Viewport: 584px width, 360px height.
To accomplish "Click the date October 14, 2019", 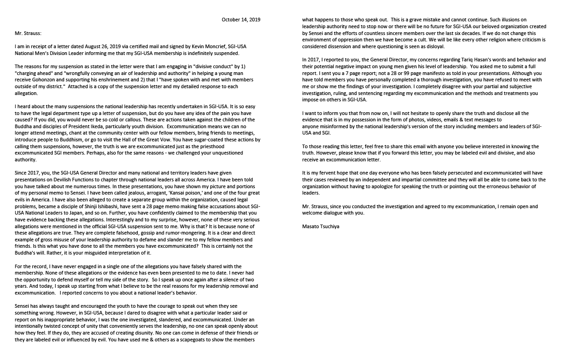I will coord(241,20).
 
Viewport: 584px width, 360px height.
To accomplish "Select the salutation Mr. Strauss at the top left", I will coord(28,33).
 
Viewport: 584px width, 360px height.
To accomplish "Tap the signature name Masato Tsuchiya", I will coord(321,226).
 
